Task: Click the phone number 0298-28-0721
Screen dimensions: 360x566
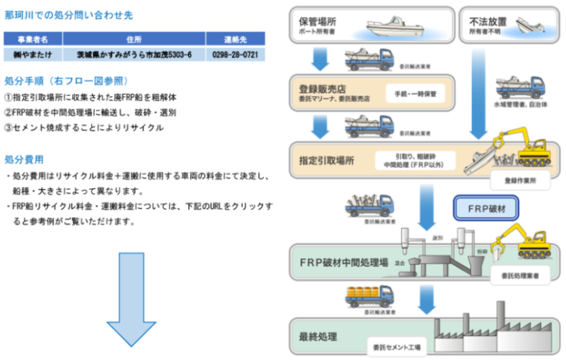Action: (234, 54)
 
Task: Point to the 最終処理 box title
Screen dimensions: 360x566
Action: (318, 335)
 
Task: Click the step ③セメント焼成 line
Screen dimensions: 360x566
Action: (83, 128)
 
